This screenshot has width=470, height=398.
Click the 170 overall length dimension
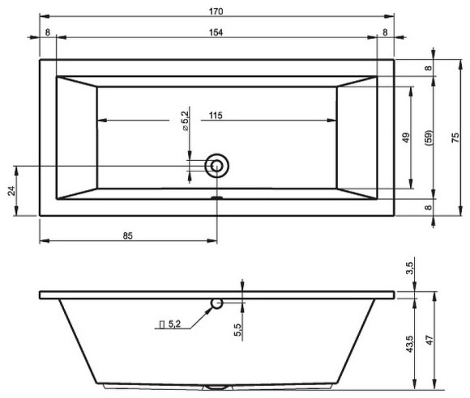pos(216,11)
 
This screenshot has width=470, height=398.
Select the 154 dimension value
pos(216,32)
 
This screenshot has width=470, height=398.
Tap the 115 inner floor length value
pos(215,116)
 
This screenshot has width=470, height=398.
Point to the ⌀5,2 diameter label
pos(186,121)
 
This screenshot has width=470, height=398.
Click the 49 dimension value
pos(406,138)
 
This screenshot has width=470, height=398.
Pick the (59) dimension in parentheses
pos(428,138)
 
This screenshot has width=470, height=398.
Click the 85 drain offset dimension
pos(128,235)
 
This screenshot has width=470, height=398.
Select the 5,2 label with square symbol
pos(171,324)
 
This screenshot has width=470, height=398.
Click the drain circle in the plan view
pos(216,166)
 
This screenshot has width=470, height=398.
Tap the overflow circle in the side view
pos(216,303)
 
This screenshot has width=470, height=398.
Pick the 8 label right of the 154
pos(384,32)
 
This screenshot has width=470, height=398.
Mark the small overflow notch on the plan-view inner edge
pos(216,196)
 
